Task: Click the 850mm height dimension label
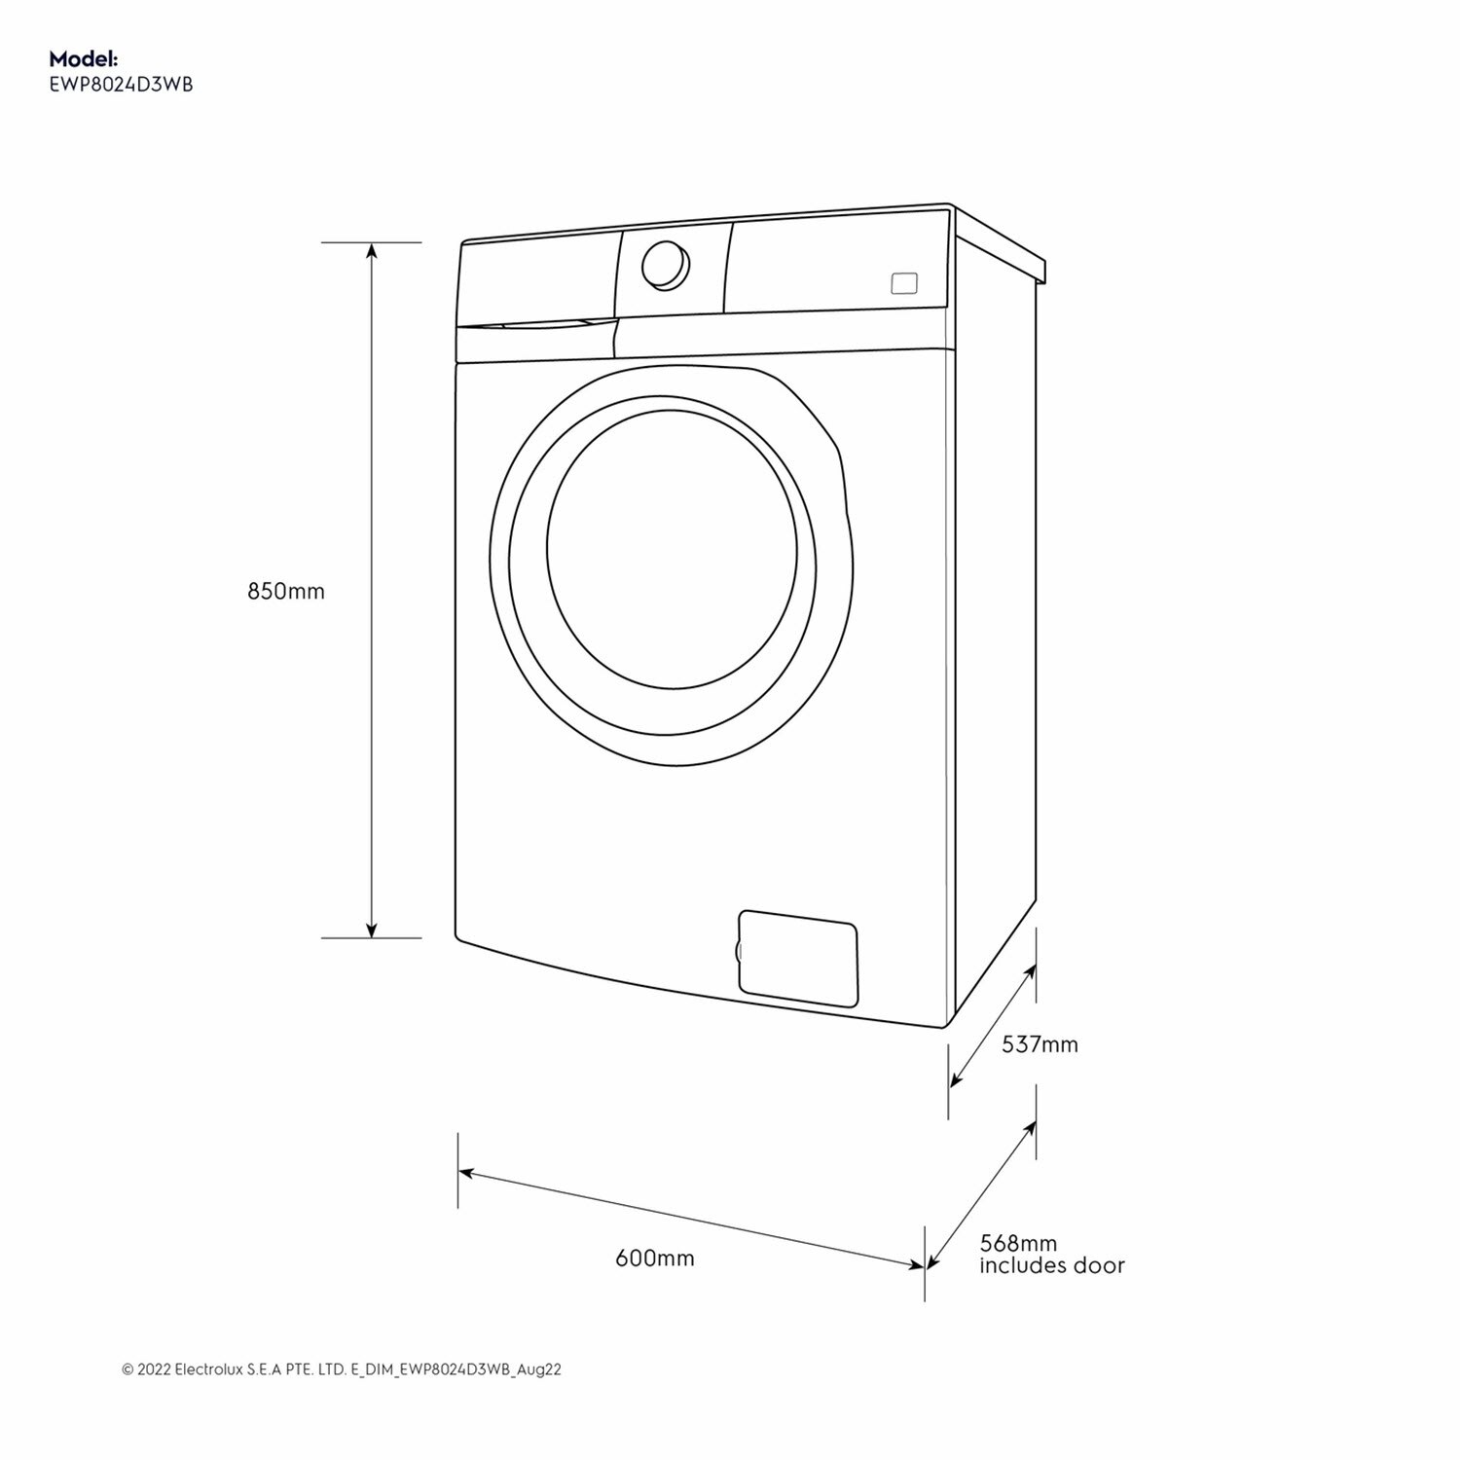pyautogui.click(x=285, y=591)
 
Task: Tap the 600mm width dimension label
pyautogui.click(x=654, y=1258)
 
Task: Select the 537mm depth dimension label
pyautogui.click(x=1040, y=1044)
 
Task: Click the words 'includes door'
pyautogui.click(x=1051, y=1265)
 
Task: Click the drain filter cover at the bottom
pyautogui.click(x=798, y=958)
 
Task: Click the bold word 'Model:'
pyautogui.click(x=84, y=60)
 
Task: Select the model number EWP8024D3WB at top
pyautogui.click(x=121, y=85)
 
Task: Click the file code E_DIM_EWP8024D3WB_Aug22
pyautogui.click(x=456, y=1369)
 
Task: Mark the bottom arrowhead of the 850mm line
pyautogui.click(x=371, y=931)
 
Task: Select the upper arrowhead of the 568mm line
pyautogui.click(x=1031, y=1127)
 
